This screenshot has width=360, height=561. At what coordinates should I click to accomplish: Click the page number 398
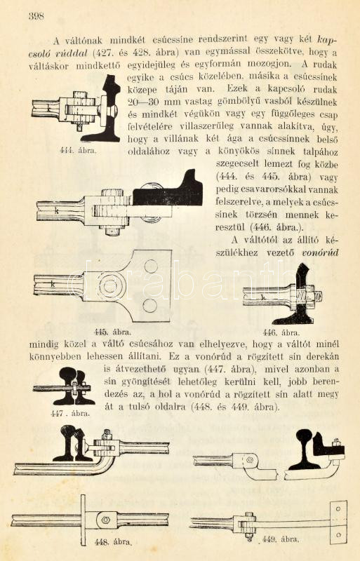pyautogui.click(x=36, y=16)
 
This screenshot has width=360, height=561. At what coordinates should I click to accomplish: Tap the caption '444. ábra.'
pyautogui.click(x=78, y=151)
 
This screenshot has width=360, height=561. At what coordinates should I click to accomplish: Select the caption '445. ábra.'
pyautogui.click(x=112, y=332)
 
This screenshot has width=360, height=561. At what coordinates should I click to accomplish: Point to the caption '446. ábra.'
pyautogui.click(x=281, y=332)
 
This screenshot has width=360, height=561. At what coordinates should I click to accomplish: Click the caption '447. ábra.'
pyautogui.click(x=70, y=414)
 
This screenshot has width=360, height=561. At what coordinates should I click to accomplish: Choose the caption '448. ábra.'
pyautogui.click(x=113, y=542)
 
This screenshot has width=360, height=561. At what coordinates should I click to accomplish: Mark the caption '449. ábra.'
pyautogui.click(x=281, y=539)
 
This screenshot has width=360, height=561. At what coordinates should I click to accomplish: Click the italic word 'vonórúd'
pyautogui.click(x=320, y=253)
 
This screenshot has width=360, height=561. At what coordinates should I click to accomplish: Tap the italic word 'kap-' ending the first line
pyautogui.click(x=328, y=39)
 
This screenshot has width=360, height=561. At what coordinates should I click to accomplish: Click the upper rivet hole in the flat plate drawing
pyautogui.click(x=150, y=266)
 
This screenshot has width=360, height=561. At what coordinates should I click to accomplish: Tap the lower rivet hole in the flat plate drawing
pyautogui.click(x=149, y=305)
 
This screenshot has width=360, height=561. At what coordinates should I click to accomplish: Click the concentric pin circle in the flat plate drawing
pyautogui.click(x=110, y=286)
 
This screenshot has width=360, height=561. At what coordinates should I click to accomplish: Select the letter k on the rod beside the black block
pyautogui.click(x=57, y=211)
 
